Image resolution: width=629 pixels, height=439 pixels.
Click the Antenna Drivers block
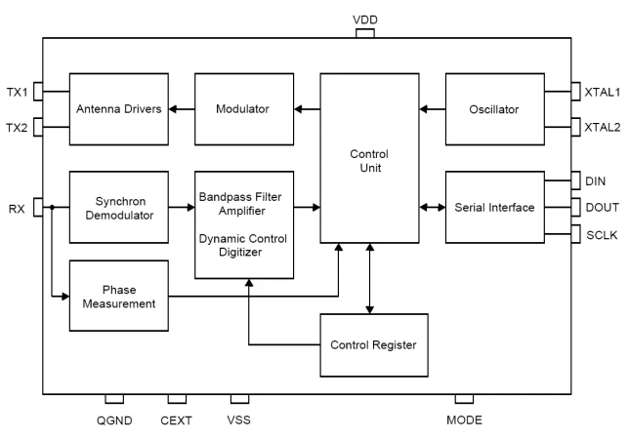[x=119, y=109]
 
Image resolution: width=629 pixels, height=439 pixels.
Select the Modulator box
[x=244, y=109]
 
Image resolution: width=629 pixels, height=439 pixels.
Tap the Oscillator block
[x=495, y=109]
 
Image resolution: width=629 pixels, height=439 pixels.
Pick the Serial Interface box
[x=495, y=207]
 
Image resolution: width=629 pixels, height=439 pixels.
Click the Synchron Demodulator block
[x=119, y=207]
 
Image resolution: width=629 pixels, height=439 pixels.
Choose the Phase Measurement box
[x=119, y=296]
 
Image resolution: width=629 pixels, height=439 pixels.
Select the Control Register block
[x=374, y=345]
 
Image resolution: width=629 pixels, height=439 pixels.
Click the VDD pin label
[x=365, y=20]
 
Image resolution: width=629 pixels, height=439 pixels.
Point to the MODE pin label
[x=464, y=419]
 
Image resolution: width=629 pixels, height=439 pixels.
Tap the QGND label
[x=114, y=420]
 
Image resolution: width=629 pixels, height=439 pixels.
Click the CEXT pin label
[x=176, y=420]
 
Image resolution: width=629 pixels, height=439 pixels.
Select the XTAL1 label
[x=602, y=92]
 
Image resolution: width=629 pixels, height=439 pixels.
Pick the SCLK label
[x=602, y=235]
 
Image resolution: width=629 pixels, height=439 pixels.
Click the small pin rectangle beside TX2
[x=38, y=127]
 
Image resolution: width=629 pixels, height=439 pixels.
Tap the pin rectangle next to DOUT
[x=575, y=207]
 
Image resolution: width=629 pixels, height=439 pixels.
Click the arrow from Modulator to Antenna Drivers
[x=182, y=109]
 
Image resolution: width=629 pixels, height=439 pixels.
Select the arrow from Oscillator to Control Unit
[x=433, y=109]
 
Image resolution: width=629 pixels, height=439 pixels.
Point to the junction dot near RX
[x=52, y=207]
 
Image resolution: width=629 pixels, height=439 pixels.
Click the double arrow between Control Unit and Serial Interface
[x=433, y=207]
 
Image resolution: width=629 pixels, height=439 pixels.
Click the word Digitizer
[x=240, y=252]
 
